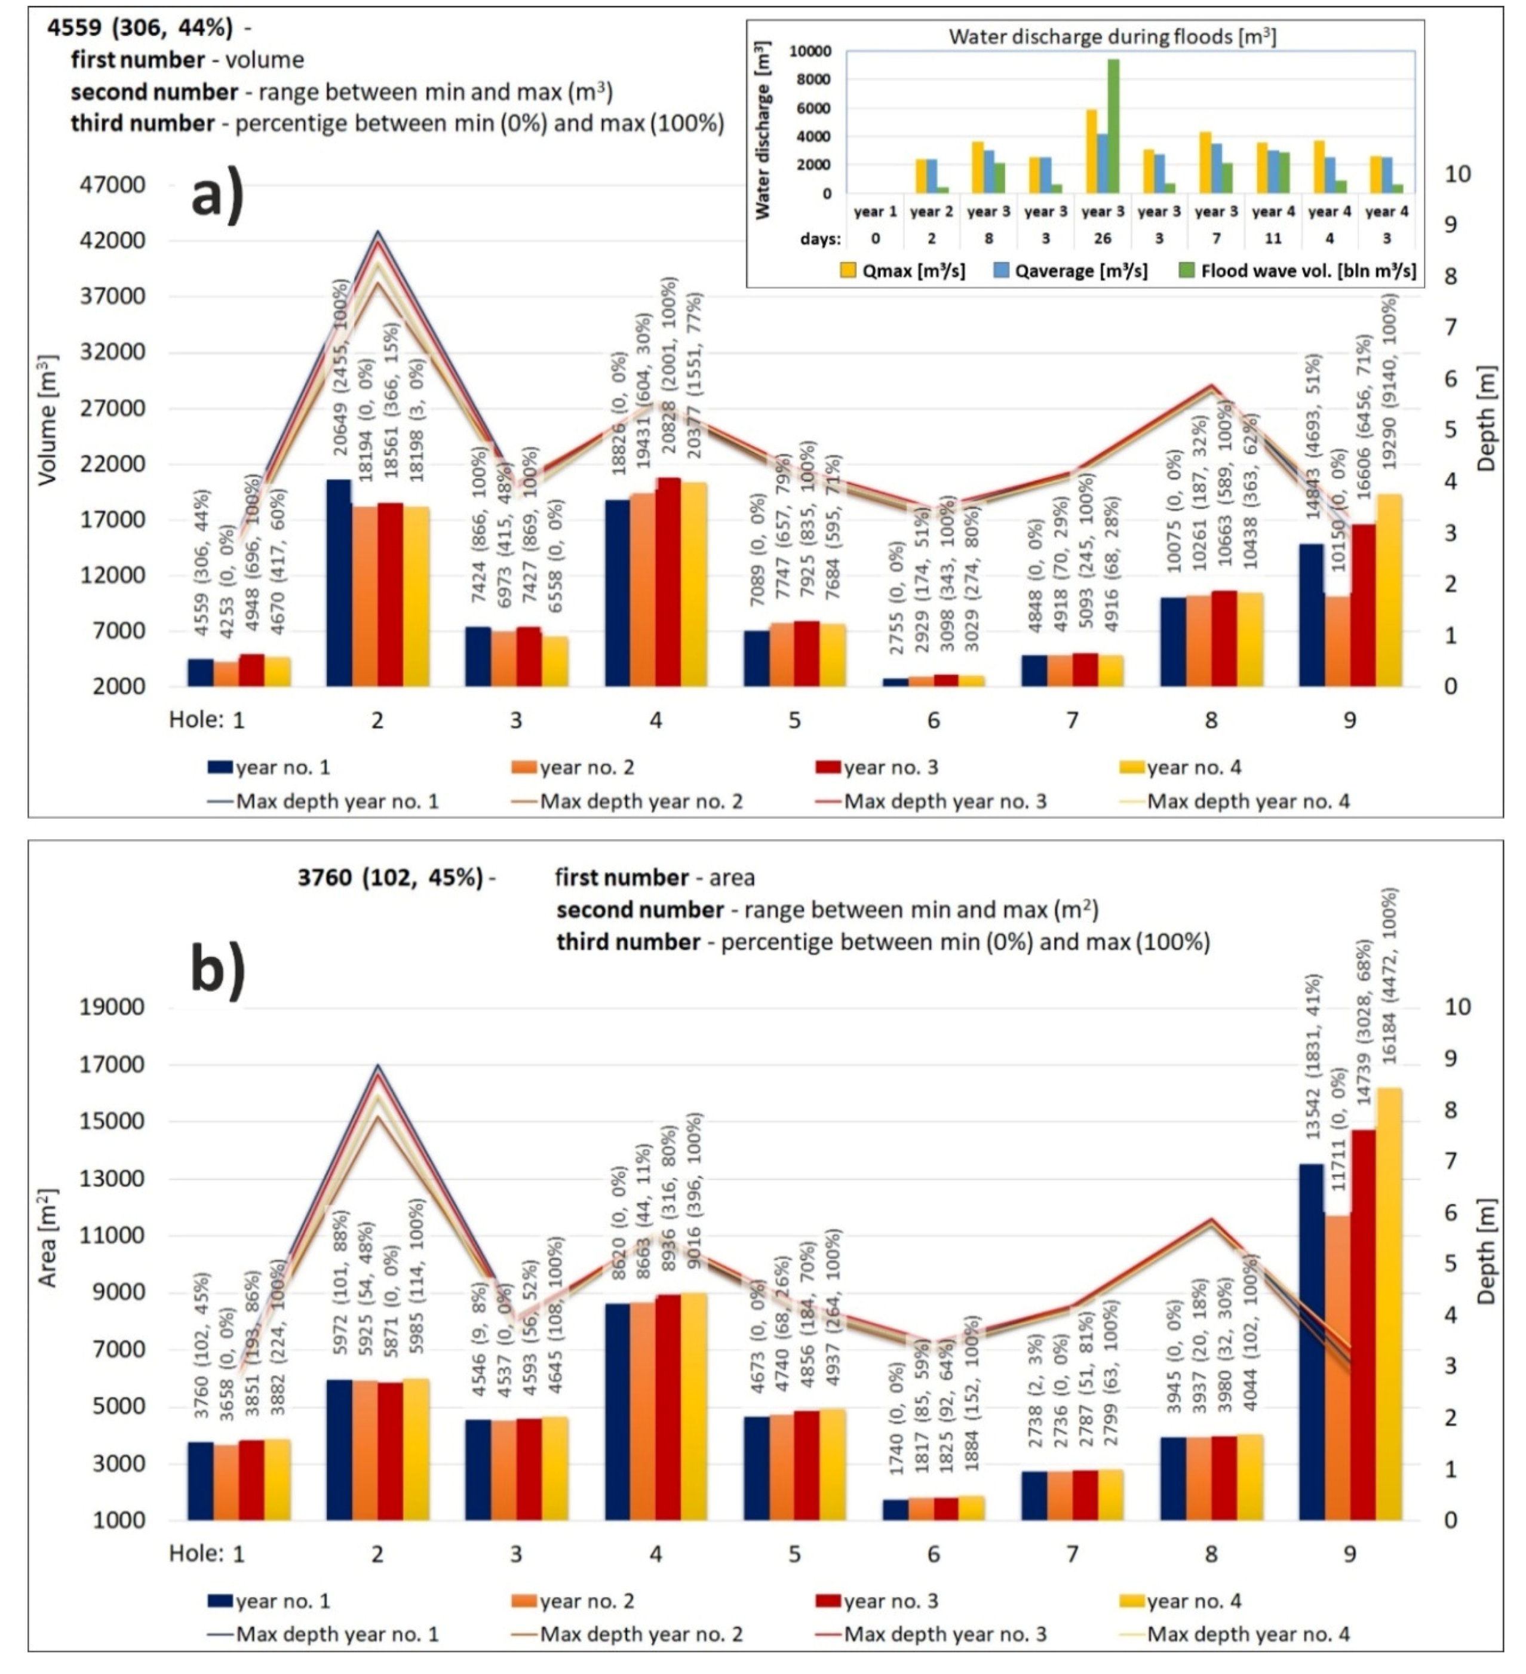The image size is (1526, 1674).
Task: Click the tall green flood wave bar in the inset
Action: coord(1113,125)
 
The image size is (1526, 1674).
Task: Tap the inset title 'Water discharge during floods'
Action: coord(1113,36)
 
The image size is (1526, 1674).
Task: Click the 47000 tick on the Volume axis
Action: coord(112,185)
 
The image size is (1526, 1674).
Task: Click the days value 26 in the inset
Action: coord(1102,238)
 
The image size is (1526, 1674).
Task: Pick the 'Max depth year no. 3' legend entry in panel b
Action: coord(945,1634)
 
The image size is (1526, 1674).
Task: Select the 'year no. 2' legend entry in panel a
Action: coord(586,767)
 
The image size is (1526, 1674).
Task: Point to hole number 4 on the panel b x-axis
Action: coord(655,1553)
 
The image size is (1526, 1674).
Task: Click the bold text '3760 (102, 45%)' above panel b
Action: coord(390,878)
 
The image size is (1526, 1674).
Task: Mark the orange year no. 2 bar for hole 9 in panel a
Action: coord(1337,640)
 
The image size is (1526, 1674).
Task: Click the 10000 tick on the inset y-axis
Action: coord(809,51)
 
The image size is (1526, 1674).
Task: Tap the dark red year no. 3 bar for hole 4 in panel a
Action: coord(668,581)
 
